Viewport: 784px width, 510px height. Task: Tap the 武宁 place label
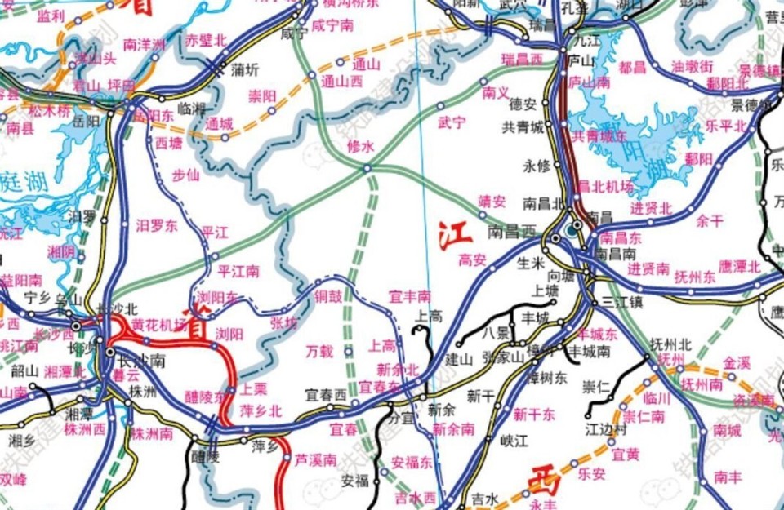(452, 122)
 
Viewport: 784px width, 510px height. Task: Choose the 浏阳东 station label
(217, 296)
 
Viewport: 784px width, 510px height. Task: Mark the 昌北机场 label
(604, 186)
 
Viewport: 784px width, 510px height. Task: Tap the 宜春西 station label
(326, 394)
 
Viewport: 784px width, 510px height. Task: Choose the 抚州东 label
(695, 277)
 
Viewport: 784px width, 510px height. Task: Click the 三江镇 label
(623, 301)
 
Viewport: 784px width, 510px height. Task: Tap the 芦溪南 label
(315, 460)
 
